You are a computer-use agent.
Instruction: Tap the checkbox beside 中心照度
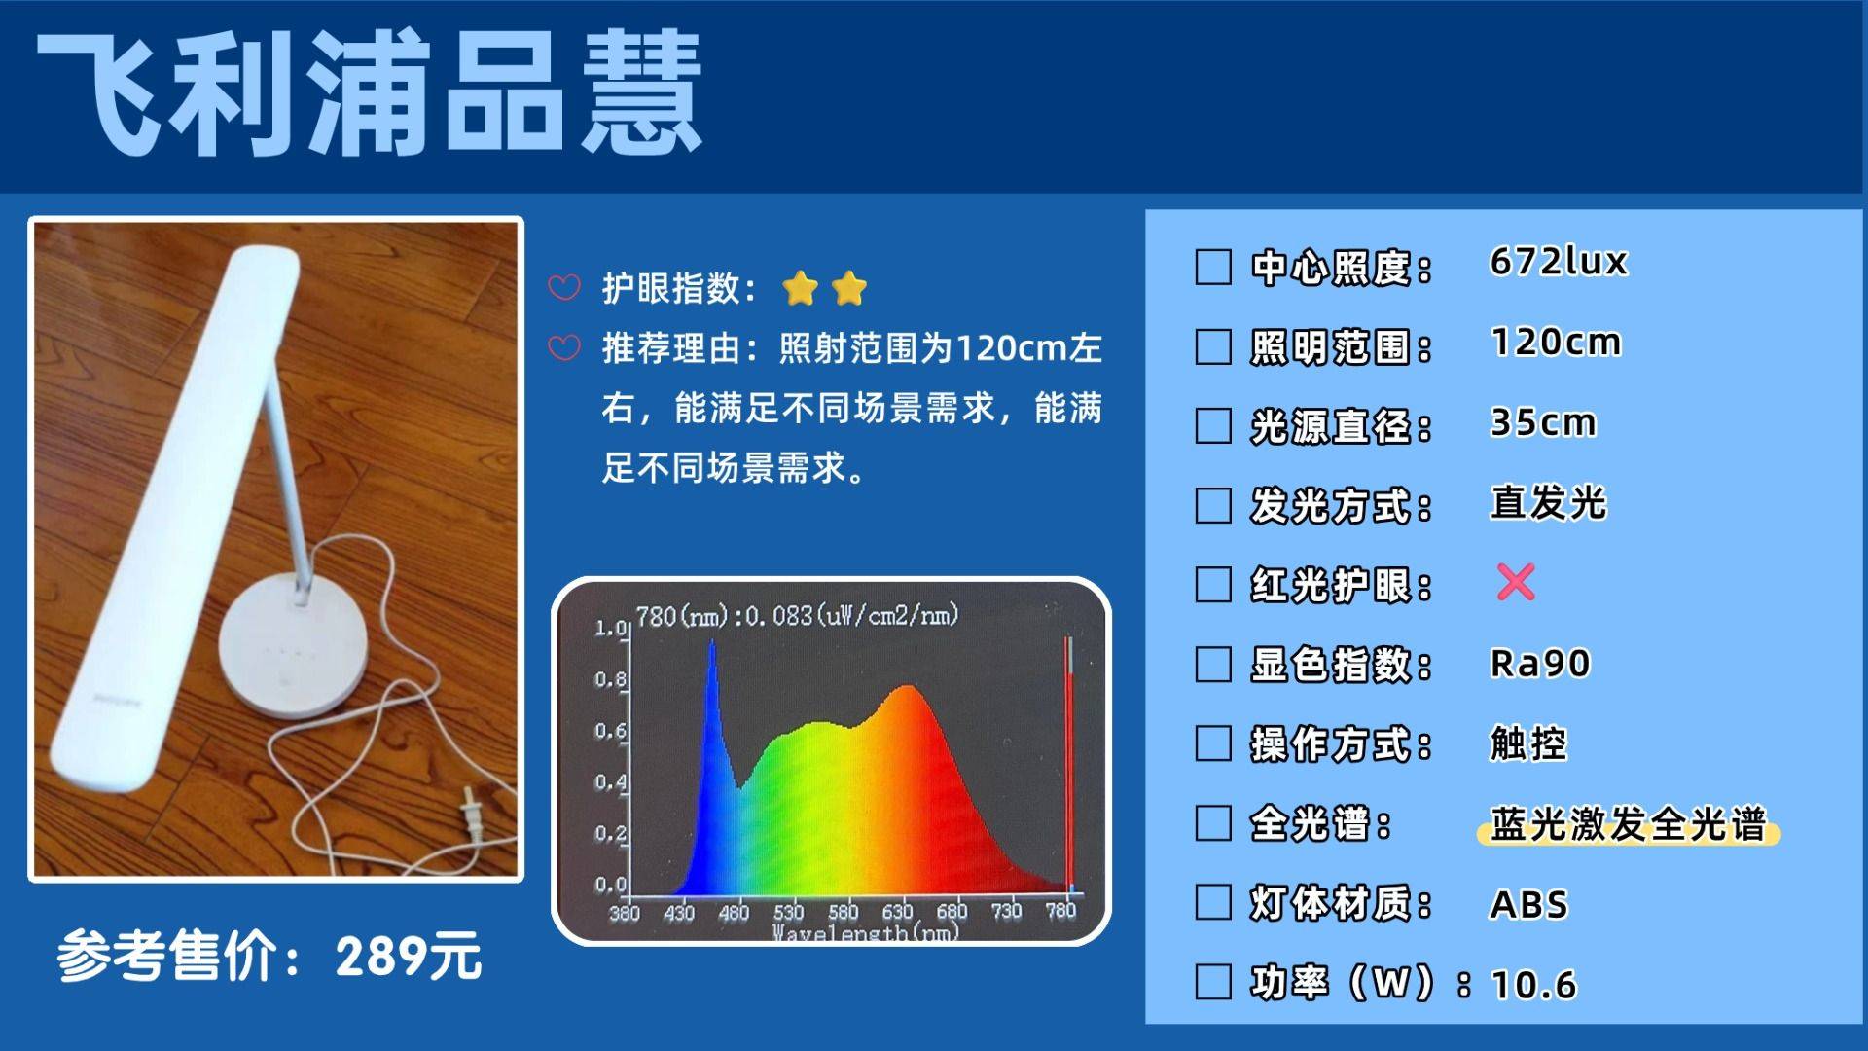coord(1212,267)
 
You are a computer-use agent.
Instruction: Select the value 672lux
coord(1558,262)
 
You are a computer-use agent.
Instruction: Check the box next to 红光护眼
coord(1212,585)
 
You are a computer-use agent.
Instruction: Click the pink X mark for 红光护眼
coord(1516,582)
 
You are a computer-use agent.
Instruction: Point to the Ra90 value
coord(1540,664)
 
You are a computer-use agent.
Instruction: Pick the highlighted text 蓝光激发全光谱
coord(1628,825)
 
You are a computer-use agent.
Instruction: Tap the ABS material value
coord(1529,905)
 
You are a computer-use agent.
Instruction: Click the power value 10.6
coord(1533,985)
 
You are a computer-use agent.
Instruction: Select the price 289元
coord(409,957)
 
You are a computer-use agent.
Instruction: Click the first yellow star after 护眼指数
coord(800,288)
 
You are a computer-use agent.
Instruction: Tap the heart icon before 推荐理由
coord(564,347)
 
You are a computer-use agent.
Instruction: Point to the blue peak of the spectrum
coord(712,644)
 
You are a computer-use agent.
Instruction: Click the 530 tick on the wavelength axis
coord(788,912)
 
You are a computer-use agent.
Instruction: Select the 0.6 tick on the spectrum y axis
coord(610,731)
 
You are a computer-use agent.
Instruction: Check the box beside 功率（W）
coord(1212,982)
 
